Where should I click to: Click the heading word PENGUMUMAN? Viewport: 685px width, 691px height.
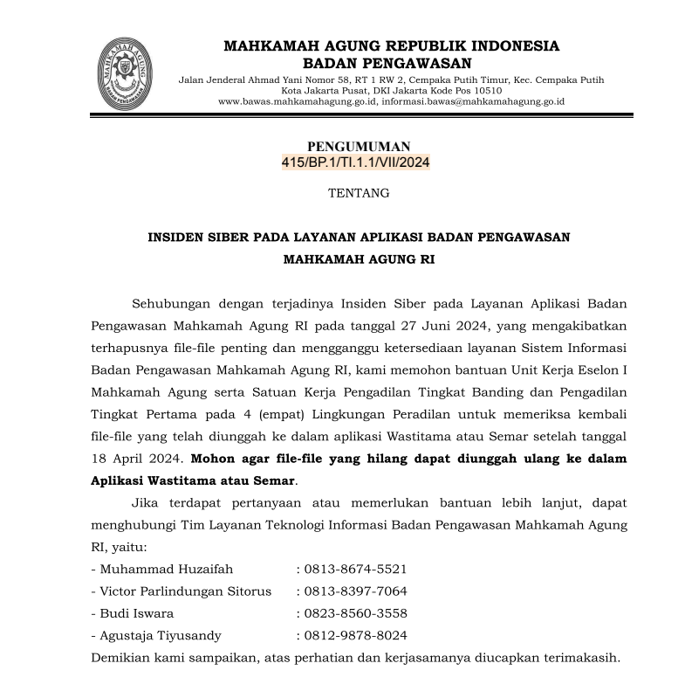[359, 146]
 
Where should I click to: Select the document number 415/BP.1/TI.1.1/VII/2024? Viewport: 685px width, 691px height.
[356, 162]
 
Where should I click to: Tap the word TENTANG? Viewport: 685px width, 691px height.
[358, 193]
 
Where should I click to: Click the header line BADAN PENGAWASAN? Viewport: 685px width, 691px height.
[386, 63]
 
